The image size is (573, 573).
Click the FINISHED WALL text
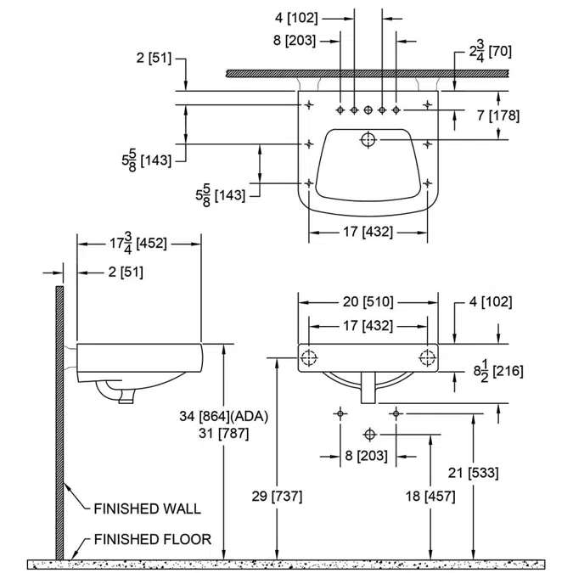147,509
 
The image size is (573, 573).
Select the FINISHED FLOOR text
152,539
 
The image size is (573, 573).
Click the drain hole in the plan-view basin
368,139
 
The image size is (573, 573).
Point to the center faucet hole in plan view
368,110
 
